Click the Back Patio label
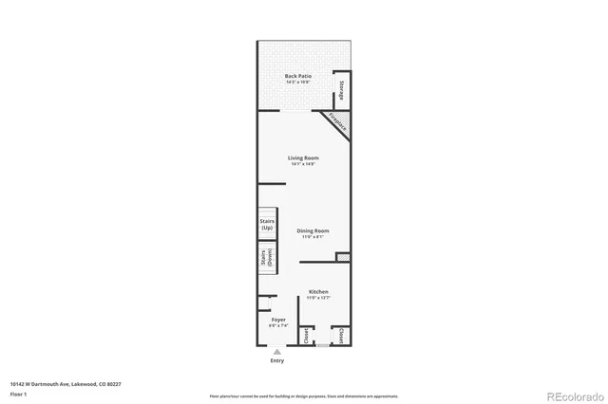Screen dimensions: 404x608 tap(297, 76)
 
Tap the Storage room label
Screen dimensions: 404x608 tap(341, 91)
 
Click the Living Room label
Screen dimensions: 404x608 tap(303, 157)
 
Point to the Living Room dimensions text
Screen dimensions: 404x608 tap(303, 164)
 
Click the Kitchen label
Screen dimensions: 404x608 tap(318, 292)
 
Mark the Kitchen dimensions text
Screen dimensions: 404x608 tap(318, 299)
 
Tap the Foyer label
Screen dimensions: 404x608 tap(278, 320)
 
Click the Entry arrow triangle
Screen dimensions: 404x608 tap(278, 351)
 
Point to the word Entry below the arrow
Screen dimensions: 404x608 tap(277, 360)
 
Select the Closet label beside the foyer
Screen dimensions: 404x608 tap(305, 335)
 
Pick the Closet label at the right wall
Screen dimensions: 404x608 tap(341, 335)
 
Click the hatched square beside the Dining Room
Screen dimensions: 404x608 tap(342, 256)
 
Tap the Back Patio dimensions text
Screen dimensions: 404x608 tap(297, 83)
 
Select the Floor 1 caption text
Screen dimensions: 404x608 tap(18, 393)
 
